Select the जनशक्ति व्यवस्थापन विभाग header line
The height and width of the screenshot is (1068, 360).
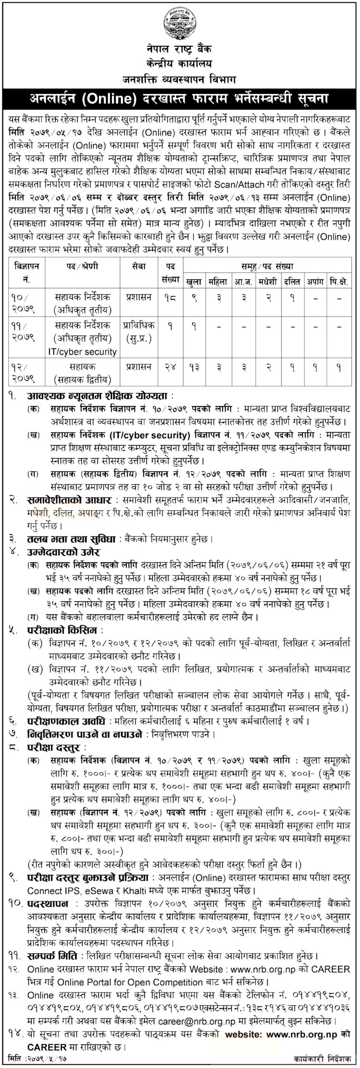point(179,78)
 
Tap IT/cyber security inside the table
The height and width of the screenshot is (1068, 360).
point(83,352)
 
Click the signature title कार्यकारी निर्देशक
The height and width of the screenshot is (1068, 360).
point(321,1060)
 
